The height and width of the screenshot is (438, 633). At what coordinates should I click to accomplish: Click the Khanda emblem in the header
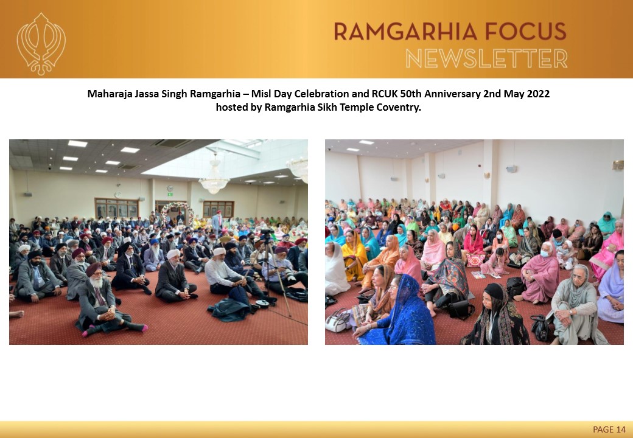(x=41, y=44)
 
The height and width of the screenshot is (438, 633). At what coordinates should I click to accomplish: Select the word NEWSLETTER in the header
(x=486, y=58)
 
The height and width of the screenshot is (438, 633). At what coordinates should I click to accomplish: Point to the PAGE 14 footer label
(x=609, y=429)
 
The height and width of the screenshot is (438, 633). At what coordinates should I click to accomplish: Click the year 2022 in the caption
(x=538, y=94)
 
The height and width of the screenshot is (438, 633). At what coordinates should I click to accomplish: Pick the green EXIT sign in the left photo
(x=170, y=195)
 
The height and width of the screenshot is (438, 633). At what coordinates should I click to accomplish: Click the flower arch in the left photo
(x=177, y=212)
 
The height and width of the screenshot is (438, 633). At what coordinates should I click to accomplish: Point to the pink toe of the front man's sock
(x=85, y=333)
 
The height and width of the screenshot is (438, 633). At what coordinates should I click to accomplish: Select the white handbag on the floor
(x=338, y=321)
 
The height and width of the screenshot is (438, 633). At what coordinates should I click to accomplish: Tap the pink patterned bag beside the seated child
(x=476, y=260)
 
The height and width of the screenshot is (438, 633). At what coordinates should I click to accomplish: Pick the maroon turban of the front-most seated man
(x=94, y=269)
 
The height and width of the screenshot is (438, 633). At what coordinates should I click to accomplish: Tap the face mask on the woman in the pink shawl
(x=545, y=254)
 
